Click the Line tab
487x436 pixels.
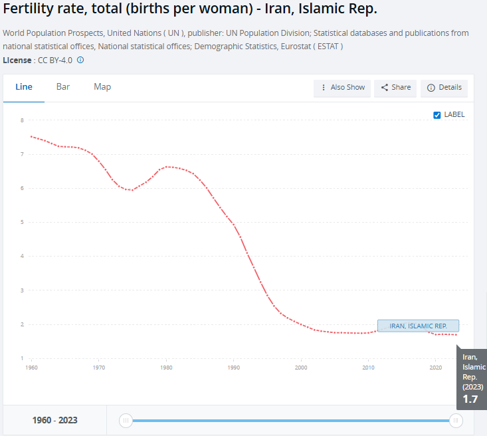(24, 87)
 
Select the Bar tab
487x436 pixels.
(63, 87)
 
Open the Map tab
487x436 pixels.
(102, 87)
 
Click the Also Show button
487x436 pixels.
(343, 88)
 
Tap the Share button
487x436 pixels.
(396, 88)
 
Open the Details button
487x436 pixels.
(444, 88)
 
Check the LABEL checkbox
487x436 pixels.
(437, 115)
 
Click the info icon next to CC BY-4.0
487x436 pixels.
(80, 60)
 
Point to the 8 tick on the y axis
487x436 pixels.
(22, 120)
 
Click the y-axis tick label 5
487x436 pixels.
(22, 222)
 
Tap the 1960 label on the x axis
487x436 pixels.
(31, 367)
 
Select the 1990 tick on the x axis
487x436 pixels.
(233, 367)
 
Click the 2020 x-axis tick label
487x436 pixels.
(435, 367)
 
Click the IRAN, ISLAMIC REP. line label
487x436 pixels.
(418, 326)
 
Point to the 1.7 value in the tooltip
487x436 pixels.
(470, 399)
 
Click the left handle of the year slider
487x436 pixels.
(126, 420)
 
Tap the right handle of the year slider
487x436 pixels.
(456, 420)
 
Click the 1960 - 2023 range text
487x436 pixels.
(55, 420)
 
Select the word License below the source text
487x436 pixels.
(17, 60)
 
